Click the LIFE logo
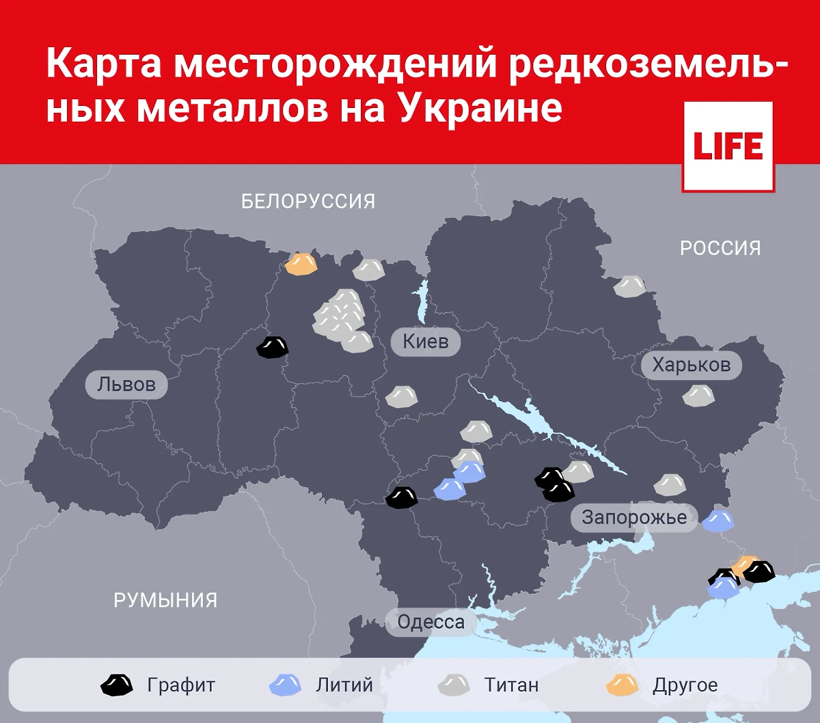click(x=728, y=147)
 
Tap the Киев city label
click(x=426, y=341)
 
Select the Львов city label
click(x=126, y=385)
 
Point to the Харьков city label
click(x=691, y=365)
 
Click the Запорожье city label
click(x=634, y=517)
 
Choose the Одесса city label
click(x=430, y=622)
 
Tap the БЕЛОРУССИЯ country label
click(x=308, y=202)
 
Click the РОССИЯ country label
click(x=720, y=248)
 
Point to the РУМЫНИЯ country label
click(x=165, y=601)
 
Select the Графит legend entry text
click(x=181, y=685)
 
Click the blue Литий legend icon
click(x=286, y=685)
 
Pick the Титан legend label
click(x=511, y=685)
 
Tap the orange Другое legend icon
click(x=622, y=685)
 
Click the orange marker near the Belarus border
click(x=301, y=264)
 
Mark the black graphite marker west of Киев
click(x=273, y=348)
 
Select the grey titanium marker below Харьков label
click(x=698, y=396)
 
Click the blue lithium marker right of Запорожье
click(x=718, y=521)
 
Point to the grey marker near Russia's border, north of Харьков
click(x=629, y=286)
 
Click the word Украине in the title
click(x=480, y=107)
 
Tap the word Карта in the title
click(x=104, y=64)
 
